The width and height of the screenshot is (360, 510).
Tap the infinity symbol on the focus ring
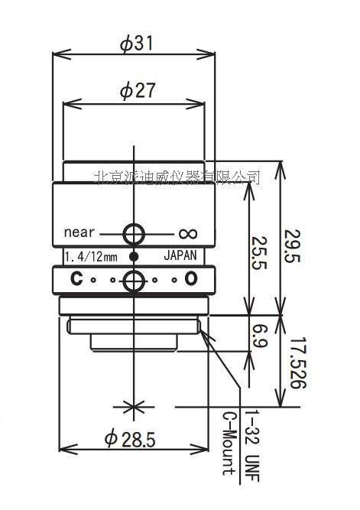[187, 233]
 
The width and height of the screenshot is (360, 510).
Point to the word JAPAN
[180, 256]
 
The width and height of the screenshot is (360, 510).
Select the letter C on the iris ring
[76, 280]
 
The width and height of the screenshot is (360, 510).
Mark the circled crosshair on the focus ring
[134, 232]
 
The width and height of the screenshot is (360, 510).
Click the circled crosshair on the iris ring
[134, 280]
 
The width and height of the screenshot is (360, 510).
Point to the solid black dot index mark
[134, 256]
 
